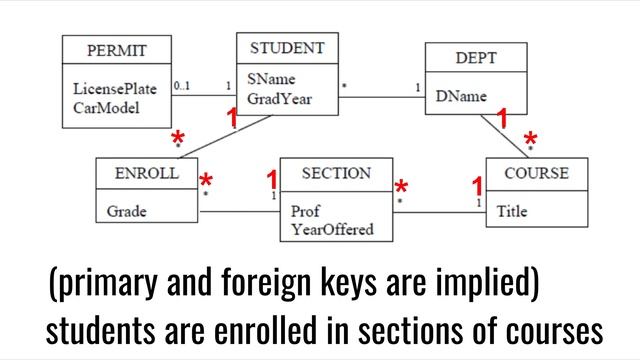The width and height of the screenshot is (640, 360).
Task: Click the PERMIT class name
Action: coord(117,50)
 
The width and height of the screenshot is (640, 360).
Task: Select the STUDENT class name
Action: coord(287,47)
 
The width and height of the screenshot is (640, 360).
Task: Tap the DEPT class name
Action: coord(476,58)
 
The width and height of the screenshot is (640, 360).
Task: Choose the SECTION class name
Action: coord(336,173)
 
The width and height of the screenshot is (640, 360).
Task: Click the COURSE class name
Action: coord(536,173)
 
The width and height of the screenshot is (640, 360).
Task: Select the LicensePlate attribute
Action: coord(115,89)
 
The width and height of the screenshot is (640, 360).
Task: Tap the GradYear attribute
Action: coord(280,98)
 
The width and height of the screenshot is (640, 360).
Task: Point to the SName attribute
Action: coord(271,80)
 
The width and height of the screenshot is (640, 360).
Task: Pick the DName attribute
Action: coord(462,97)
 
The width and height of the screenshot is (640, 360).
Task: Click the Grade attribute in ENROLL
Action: coord(127,211)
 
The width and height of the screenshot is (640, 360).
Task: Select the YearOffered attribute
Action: coord(332,229)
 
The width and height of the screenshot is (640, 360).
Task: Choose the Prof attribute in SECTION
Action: coord(306,212)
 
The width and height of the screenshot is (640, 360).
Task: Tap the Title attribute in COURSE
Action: coord(512,211)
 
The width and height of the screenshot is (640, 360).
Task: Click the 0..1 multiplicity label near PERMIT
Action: coord(182,85)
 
